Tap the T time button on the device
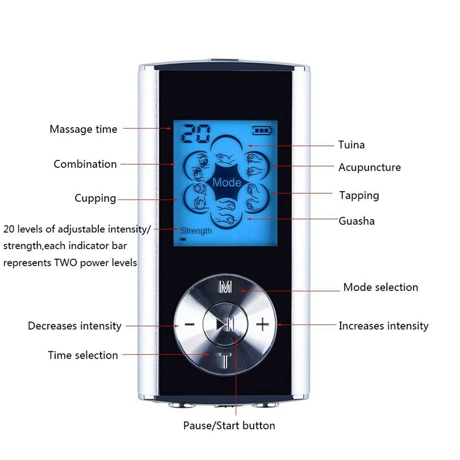coord(226,361)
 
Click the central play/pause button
coord(225,325)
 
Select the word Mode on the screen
coord(226,183)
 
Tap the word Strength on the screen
coord(196,231)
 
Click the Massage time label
coord(83,129)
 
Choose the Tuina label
coord(351,145)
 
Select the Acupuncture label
coord(369,168)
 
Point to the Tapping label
coord(359,195)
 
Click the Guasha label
coord(356,221)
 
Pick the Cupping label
coord(95,198)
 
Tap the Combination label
coord(85,164)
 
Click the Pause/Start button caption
coord(229,426)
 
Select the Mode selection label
coord(381,287)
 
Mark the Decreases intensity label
coord(75,326)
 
